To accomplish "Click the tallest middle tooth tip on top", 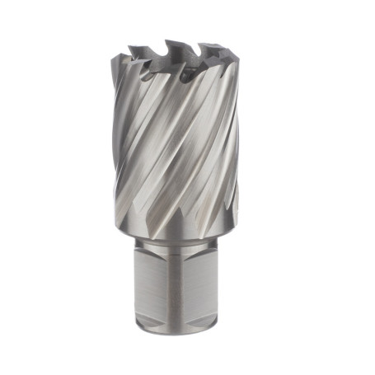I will [x=171, y=42].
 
